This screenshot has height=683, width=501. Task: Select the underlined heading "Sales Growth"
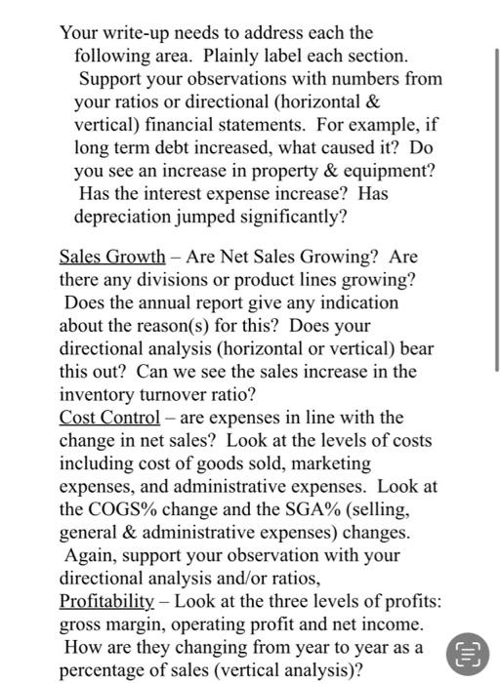(x=111, y=258)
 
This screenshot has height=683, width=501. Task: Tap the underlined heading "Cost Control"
(x=108, y=418)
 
